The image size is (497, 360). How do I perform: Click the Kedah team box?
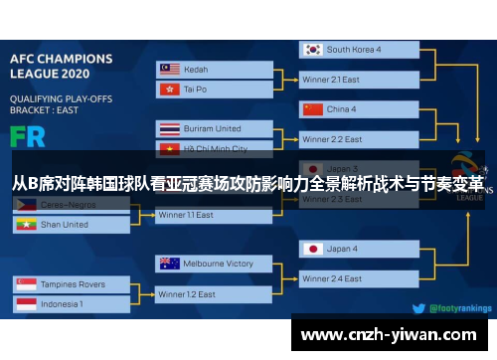[215, 70]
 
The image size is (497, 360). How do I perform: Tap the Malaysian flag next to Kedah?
[168, 70]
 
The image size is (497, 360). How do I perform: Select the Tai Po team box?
[215, 90]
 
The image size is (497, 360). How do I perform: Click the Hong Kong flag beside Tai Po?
[168, 90]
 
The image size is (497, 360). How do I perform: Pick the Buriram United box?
[215, 129]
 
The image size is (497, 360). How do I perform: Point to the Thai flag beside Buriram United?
[168, 129]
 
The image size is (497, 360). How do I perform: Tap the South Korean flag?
[313, 49]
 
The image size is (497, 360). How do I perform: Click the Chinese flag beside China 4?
[313, 109]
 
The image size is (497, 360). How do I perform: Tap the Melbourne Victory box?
[215, 264]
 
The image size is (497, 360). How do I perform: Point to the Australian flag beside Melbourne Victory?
[168, 264]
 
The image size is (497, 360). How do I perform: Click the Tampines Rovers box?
[70, 284]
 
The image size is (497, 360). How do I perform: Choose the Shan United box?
[70, 225]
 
